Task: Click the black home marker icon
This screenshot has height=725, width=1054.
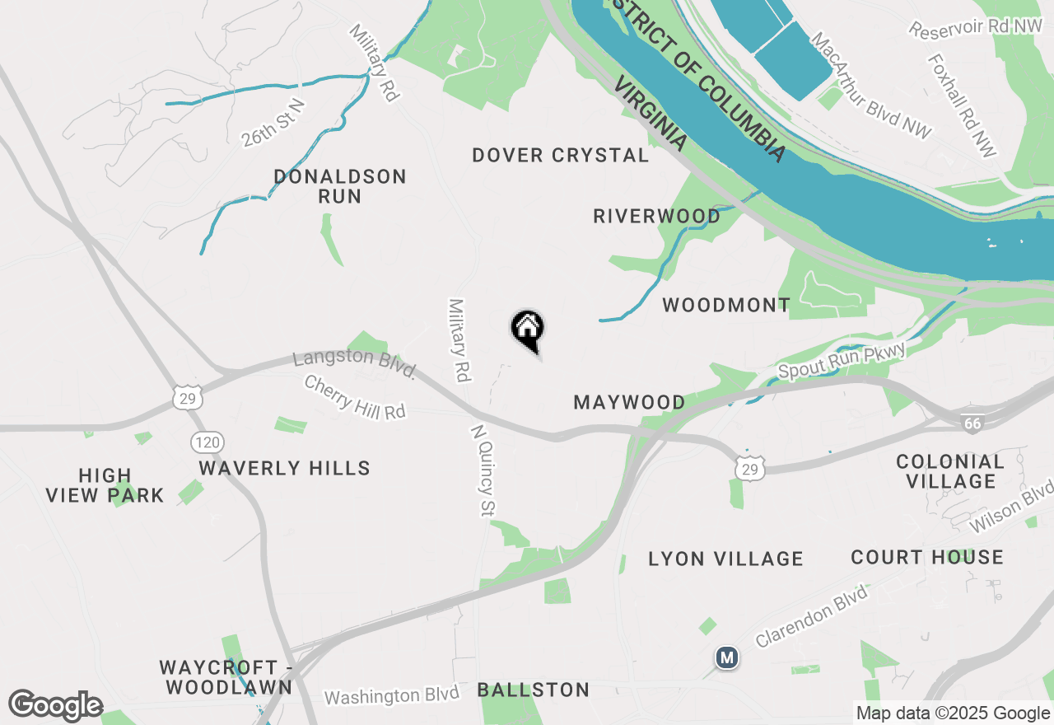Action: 528,330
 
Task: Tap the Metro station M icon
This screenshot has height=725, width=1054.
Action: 726,657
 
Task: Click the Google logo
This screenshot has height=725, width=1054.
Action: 55,706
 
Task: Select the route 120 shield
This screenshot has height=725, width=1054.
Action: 207,442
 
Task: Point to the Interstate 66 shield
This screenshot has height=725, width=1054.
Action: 972,423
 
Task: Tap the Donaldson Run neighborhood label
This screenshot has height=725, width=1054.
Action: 340,186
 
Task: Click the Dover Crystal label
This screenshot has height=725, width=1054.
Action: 561,155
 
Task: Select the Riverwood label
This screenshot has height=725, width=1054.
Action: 657,216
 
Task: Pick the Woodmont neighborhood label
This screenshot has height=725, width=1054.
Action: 726,305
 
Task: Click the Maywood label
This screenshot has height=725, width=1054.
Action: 629,402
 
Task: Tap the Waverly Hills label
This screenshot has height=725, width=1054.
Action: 285,468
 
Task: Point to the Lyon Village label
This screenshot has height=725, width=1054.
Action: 725,559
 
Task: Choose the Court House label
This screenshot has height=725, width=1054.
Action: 927,557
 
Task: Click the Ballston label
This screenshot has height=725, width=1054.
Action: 534,690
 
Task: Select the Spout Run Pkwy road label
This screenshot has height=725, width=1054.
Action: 842,362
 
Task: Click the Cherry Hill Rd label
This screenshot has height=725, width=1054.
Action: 355,397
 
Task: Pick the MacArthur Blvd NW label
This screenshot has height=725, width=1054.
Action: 870,86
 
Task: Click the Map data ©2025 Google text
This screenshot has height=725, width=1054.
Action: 953,713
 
